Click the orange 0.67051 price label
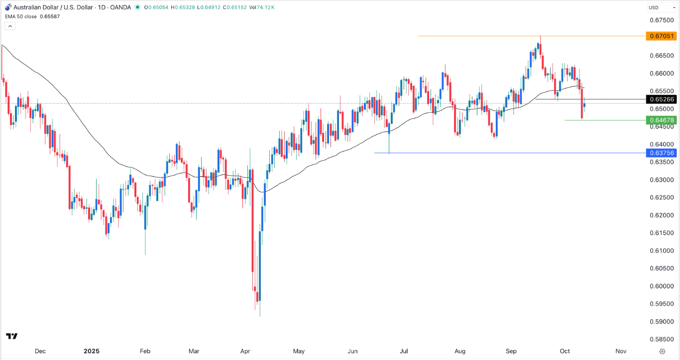pyautogui.click(x=661, y=36)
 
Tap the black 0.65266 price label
pyautogui.click(x=661, y=99)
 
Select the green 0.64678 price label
pyautogui.click(x=661, y=120)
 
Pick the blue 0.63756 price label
pyautogui.click(x=661, y=153)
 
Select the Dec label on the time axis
pyautogui.click(x=40, y=351)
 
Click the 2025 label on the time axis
pyautogui.click(x=92, y=351)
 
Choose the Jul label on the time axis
pyautogui.click(x=404, y=351)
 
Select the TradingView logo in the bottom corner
pyautogui.click(x=12, y=336)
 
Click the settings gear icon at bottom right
pyautogui.click(x=662, y=351)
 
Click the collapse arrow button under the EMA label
pyautogui.click(x=10, y=26)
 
